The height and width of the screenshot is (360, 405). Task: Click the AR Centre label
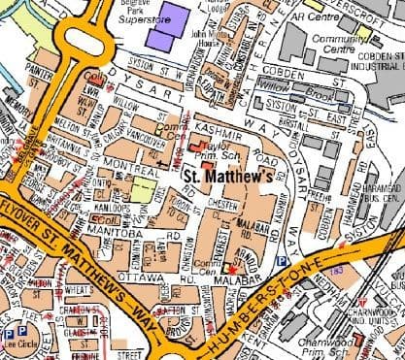click(309, 17)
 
